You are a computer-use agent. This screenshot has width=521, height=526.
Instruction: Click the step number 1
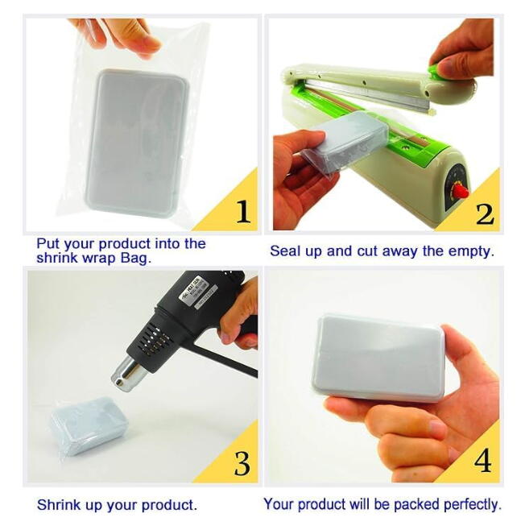tap(243, 212)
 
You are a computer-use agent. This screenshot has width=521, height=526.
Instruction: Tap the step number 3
tap(242, 463)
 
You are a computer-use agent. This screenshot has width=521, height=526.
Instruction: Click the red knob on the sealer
tap(460, 192)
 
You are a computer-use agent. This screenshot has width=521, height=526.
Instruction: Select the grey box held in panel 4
tap(378, 358)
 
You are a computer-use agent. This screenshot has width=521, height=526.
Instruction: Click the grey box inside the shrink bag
tap(137, 142)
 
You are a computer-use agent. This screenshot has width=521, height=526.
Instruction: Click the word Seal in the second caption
tap(285, 251)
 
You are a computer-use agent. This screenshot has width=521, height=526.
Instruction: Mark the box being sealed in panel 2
tap(349, 139)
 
